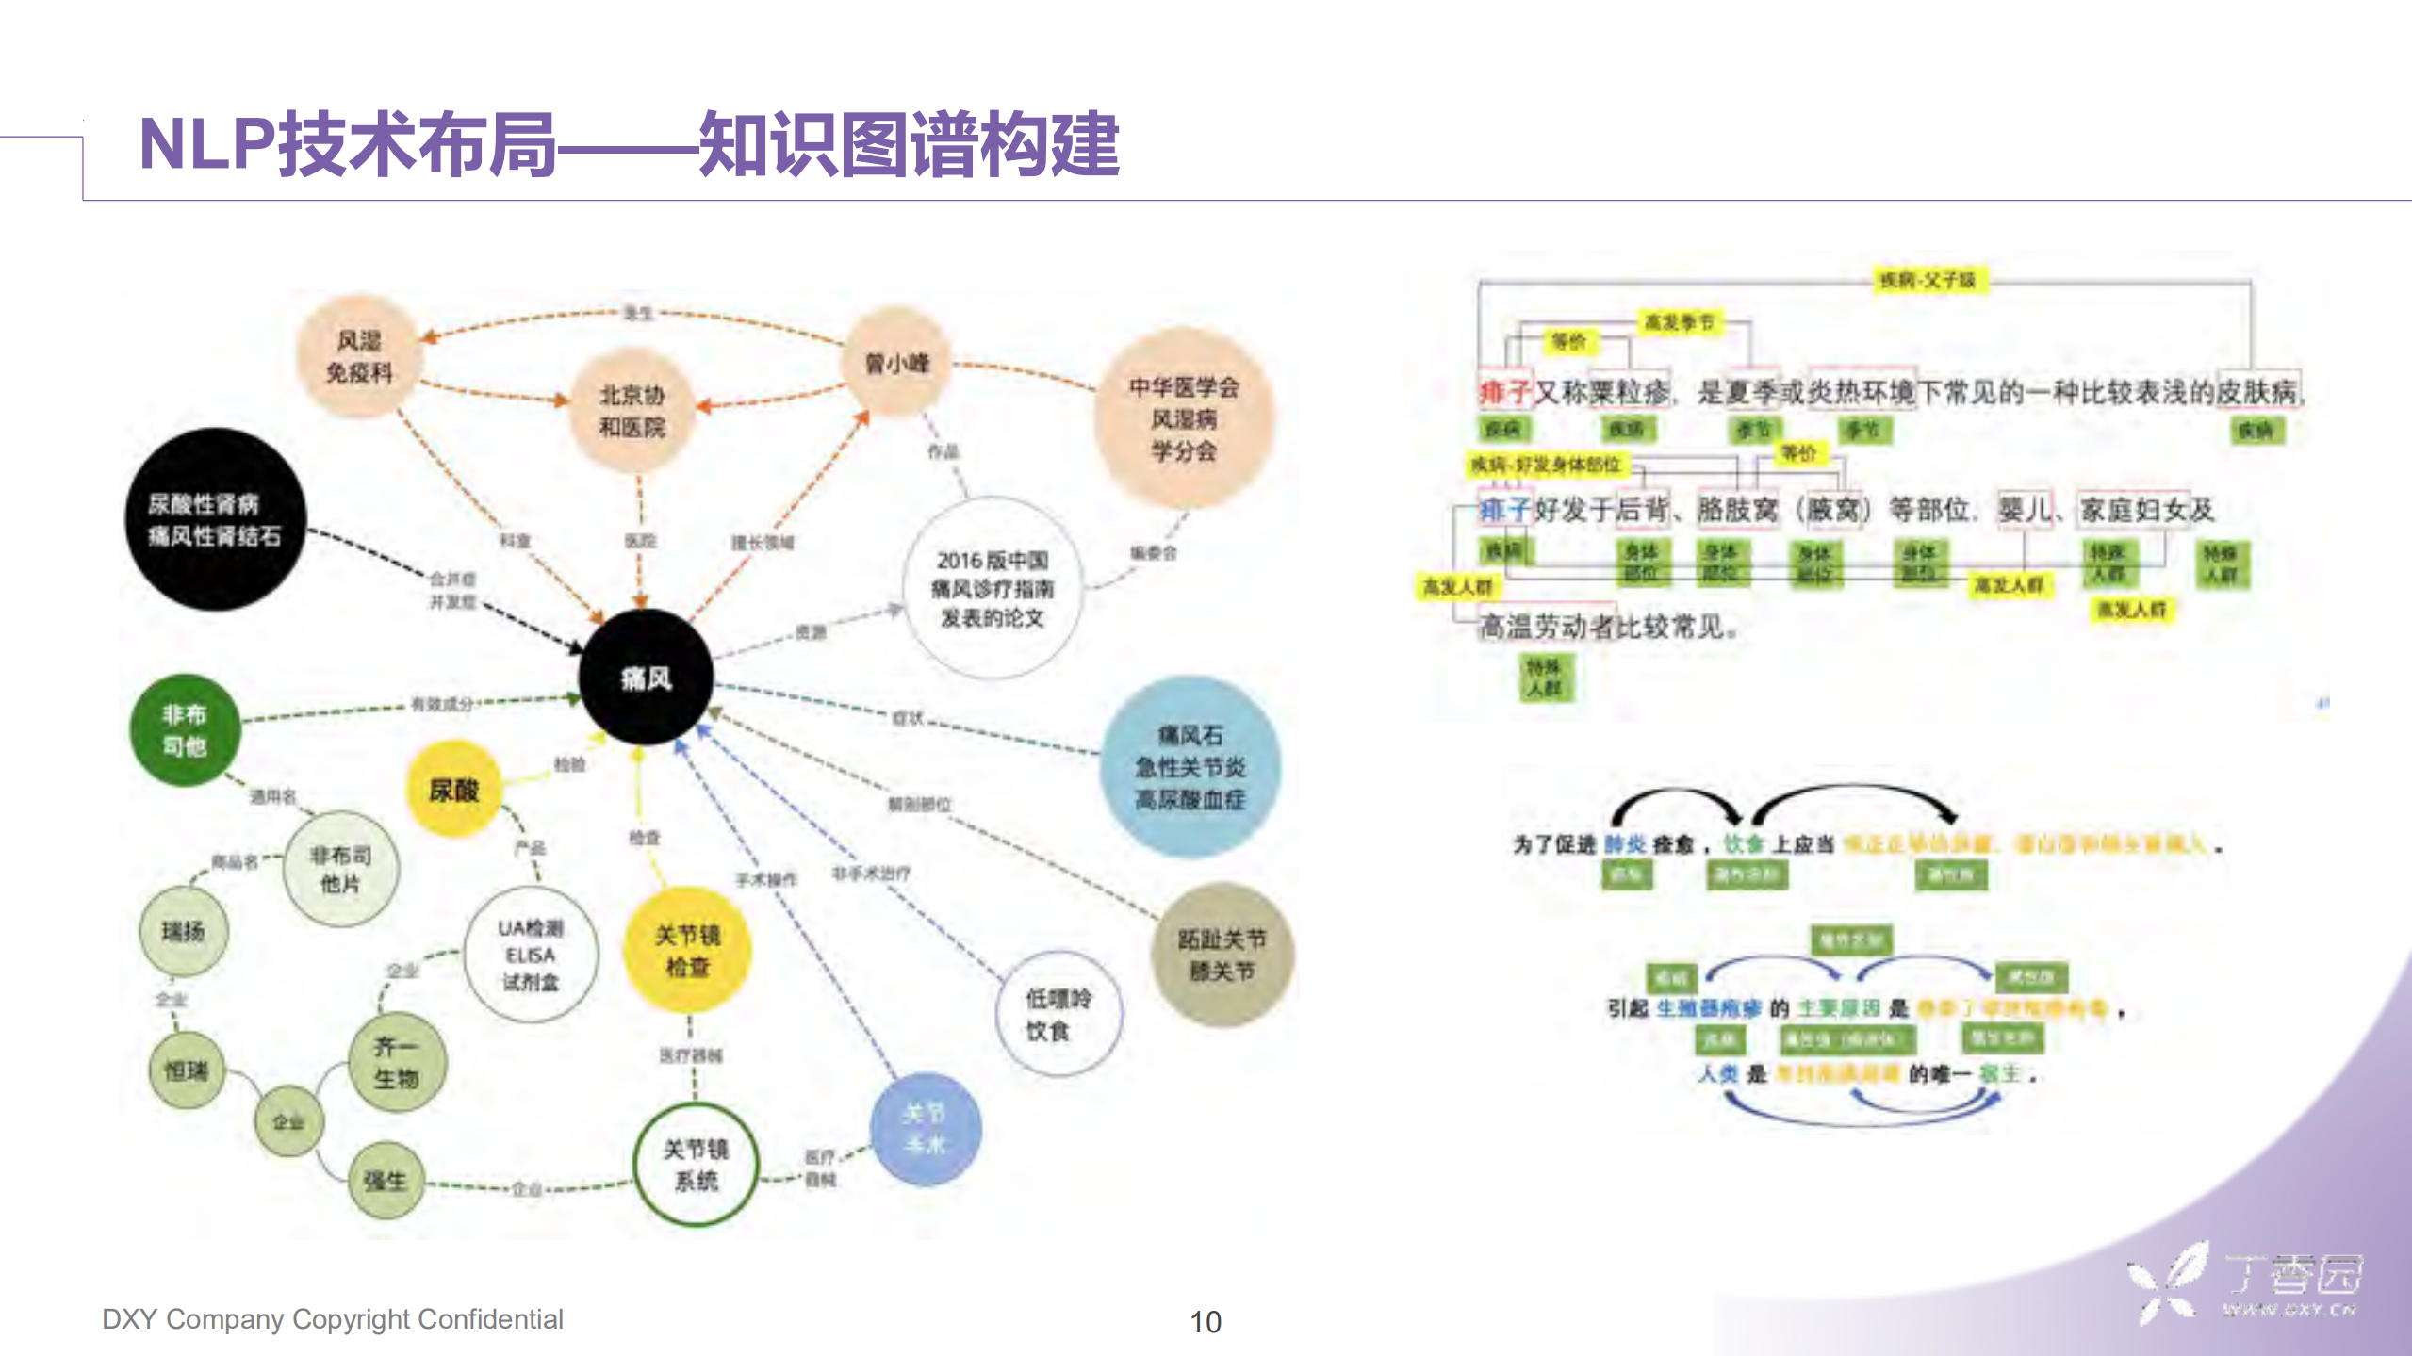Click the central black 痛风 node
646,678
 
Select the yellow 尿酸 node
453,790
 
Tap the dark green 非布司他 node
185,730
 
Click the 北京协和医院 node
632,411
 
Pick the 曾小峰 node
896,363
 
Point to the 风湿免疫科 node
359,356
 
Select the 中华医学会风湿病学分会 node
1184,418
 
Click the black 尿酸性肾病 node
215,519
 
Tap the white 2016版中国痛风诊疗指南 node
992,588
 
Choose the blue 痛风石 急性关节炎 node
1190,766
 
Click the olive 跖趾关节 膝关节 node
1222,954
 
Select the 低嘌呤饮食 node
1058,1014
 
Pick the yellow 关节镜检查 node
687,950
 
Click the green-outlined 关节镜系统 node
696,1164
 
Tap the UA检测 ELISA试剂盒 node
531,955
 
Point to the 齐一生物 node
396,1062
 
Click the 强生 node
385,1180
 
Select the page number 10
1206,1321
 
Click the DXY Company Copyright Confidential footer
332,1318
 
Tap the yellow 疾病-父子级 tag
1927,280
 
